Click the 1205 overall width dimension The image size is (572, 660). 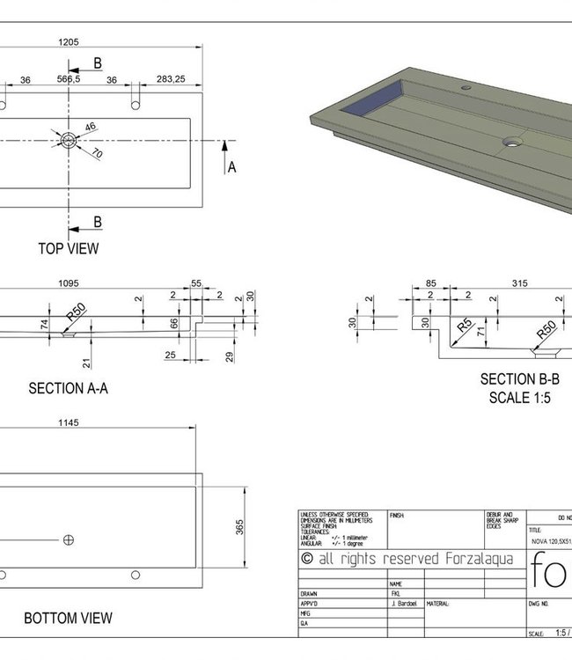coord(69,41)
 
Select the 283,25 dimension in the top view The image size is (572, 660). coord(172,79)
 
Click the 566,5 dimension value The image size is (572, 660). coord(69,79)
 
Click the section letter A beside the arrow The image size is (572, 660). coord(231,166)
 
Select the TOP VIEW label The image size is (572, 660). coord(69,248)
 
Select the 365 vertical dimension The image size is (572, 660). coord(239,526)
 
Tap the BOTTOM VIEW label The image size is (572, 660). coord(68,619)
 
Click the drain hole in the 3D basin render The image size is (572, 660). coord(511,139)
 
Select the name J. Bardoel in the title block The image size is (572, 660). coord(403,604)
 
